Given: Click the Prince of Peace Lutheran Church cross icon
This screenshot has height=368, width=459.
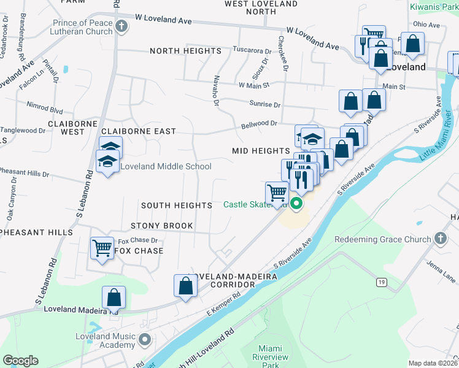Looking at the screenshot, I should (121, 26).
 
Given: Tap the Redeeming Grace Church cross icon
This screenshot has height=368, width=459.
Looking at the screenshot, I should (440, 239).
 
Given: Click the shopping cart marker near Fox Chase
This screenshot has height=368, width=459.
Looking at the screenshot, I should (102, 248).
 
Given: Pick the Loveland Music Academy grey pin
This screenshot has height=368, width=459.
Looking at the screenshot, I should (145, 339).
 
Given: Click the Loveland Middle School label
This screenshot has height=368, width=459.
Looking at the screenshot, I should (166, 166).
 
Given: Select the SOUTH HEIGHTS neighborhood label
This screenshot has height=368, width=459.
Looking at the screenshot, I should (177, 205).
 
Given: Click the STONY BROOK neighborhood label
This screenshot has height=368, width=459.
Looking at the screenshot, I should (161, 226).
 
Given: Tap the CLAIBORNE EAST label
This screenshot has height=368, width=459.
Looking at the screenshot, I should (138, 131).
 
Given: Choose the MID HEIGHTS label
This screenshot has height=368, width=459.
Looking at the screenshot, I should (261, 150).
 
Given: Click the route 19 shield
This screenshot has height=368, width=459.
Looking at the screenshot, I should (382, 282).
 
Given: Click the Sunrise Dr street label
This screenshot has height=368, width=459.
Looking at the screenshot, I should (264, 105).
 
